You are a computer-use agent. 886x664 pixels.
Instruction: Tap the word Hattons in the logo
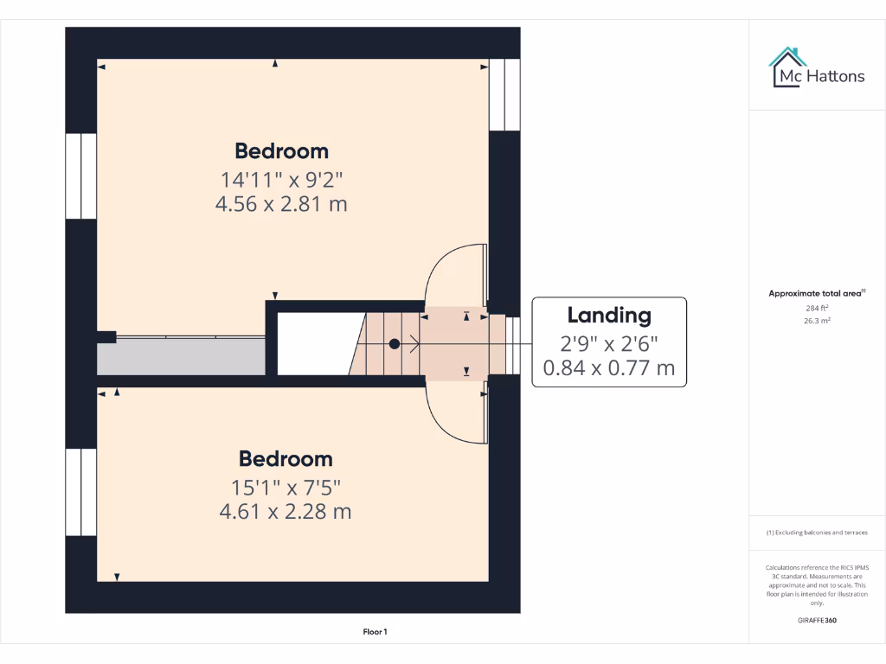(x=835, y=76)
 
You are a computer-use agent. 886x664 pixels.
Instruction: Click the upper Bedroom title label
(x=281, y=150)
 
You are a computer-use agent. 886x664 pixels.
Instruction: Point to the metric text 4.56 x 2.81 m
(x=281, y=204)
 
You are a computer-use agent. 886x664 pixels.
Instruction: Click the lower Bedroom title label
(x=286, y=458)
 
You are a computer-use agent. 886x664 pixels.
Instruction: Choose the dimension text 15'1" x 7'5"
(x=286, y=487)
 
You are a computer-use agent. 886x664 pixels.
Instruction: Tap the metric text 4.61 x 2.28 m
(x=286, y=511)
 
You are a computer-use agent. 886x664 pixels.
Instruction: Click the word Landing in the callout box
(x=608, y=315)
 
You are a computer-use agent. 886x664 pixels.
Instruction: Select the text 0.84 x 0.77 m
(x=608, y=368)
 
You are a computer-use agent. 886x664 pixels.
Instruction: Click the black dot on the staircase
(x=395, y=343)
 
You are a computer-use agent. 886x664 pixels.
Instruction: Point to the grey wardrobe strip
(x=181, y=356)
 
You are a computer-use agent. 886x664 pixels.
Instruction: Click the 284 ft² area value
(x=817, y=308)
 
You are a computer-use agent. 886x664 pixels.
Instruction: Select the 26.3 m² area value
(x=817, y=320)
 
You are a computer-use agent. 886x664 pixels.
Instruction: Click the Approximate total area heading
(x=816, y=294)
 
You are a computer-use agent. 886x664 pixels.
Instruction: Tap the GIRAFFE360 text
(x=817, y=620)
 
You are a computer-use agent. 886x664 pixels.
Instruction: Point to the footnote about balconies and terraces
(x=817, y=533)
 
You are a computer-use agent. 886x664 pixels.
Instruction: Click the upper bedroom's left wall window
(x=81, y=176)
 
